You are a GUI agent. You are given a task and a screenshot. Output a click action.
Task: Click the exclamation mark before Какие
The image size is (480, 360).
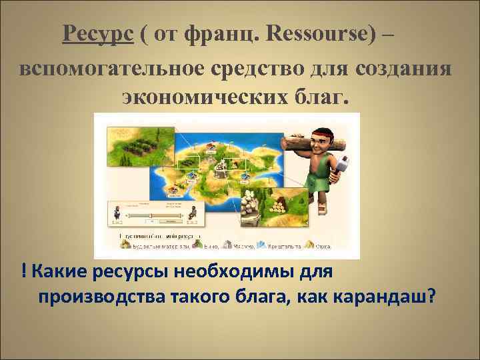pos(24,272)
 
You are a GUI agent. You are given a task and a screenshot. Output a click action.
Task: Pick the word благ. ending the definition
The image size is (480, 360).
pos(324,99)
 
